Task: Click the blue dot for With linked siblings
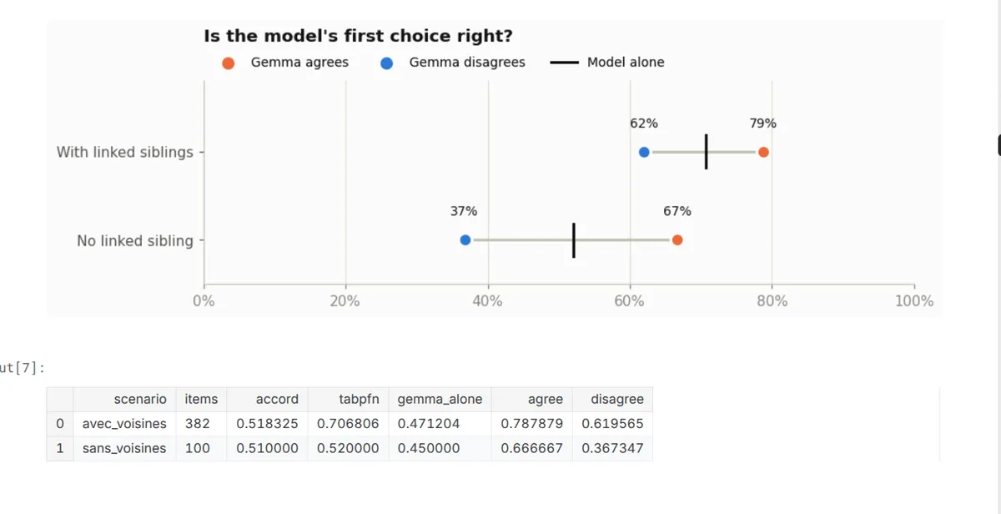pyautogui.click(x=643, y=152)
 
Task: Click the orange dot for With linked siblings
pyautogui.click(x=763, y=152)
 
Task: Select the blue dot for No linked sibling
pyautogui.click(x=465, y=240)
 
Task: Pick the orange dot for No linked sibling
pyautogui.click(x=677, y=240)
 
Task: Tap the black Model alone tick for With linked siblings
pyautogui.click(x=706, y=152)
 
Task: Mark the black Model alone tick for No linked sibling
pyautogui.click(x=574, y=240)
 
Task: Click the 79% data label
pyautogui.click(x=762, y=123)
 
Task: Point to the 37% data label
pyautogui.click(x=464, y=211)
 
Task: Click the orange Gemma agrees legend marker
pyautogui.click(x=229, y=63)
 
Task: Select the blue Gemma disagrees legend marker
pyautogui.click(x=386, y=63)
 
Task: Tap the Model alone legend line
pyautogui.click(x=565, y=63)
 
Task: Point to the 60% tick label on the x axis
pyautogui.click(x=629, y=301)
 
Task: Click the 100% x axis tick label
pyautogui.click(x=914, y=301)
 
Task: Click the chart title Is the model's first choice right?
pyautogui.click(x=359, y=36)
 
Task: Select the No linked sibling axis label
pyautogui.click(x=135, y=241)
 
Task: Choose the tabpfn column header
pyautogui.click(x=359, y=399)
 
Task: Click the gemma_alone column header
pyautogui.click(x=440, y=399)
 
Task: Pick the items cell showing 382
pyautogui.click(x=197, y=423)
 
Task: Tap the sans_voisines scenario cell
pyautogui.click(x=124, y=448)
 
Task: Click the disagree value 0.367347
pyautogui.click(x=612, y=448)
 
